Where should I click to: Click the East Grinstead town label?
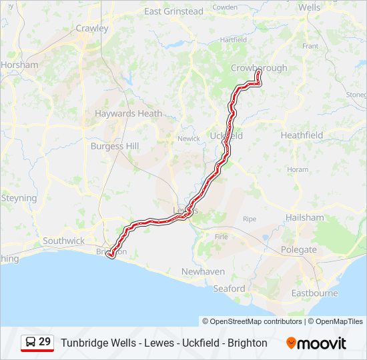pos(173,11)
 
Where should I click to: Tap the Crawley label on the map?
pos(91,29)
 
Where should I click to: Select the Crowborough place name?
pos(259,68)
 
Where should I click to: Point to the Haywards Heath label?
pos(128,113)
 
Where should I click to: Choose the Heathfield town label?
pos(302,135)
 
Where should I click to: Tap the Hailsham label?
pos(304,217)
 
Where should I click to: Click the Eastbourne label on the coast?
pos(315,293)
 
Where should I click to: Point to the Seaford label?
pos(229,289)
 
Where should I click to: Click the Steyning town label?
pos(19,198)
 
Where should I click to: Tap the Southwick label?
pos(63,240)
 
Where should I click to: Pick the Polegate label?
pos(300,249)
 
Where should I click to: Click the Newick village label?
pos(189,139)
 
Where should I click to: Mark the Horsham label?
pos(19,65)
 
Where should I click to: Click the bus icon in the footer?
pos(31,342)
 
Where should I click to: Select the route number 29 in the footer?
pos(45,342)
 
